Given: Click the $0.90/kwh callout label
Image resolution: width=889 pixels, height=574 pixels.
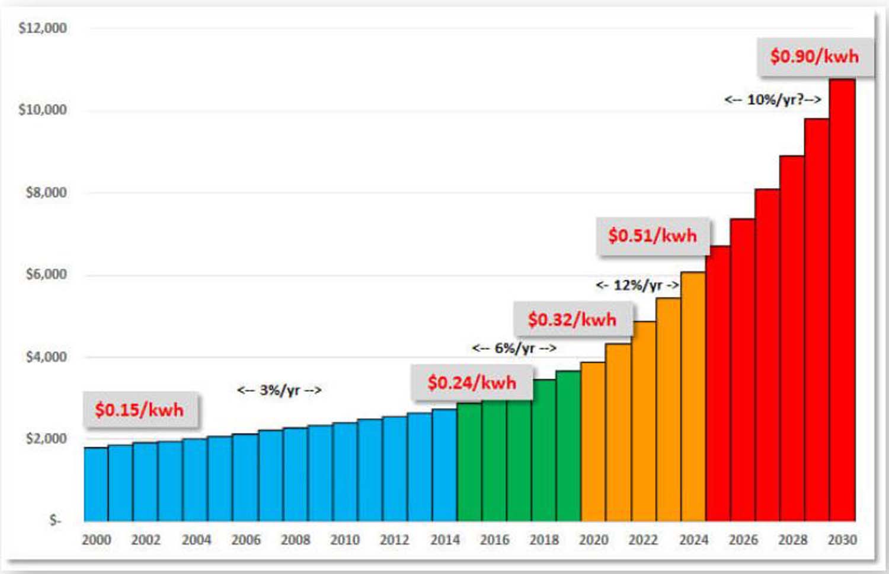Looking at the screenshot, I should [814, 56].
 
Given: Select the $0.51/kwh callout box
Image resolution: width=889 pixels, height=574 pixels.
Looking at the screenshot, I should [652, 235].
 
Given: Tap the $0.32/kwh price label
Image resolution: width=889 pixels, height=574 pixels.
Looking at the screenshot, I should [572, 320].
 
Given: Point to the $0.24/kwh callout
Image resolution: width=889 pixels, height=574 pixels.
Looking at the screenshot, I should [472, 382].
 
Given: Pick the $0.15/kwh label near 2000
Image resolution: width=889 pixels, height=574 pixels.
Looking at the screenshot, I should [139, 409].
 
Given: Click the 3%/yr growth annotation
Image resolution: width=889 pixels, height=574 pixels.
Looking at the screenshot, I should [279, 390].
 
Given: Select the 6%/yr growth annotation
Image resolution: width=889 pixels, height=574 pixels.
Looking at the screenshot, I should [514, 348].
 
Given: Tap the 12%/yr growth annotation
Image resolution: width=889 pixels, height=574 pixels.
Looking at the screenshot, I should [637, 285].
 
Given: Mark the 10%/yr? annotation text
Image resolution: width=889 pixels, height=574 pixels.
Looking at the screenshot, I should [772, 100].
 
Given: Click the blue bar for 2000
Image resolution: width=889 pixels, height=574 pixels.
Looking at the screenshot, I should [96, 484].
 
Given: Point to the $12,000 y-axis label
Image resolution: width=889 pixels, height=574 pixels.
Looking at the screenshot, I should [43, 28].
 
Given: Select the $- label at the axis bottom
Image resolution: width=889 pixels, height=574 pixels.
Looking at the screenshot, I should [55, 520].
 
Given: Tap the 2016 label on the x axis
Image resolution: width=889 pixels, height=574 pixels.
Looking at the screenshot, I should [494, 540].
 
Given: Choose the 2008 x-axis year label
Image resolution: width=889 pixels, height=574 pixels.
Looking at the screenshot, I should [295, 540].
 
